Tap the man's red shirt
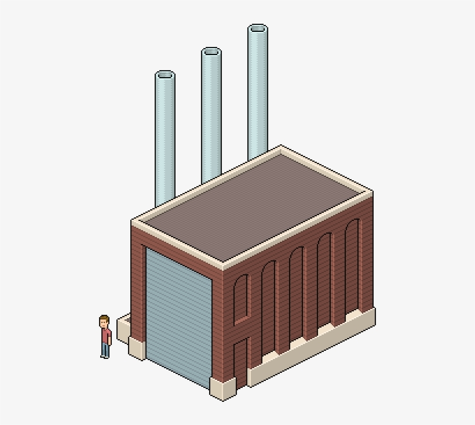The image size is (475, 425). [105, 335]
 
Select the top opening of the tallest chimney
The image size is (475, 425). [257, 28]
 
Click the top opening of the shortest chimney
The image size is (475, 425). [165, 74]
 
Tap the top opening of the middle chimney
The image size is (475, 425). [211, 52]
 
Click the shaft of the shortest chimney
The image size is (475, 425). [165, 139]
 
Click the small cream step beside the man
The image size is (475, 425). [123, 328]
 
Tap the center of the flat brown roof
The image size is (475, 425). [252, 206]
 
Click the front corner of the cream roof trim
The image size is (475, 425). [222, 266]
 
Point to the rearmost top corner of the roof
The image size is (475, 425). [281, 147]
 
